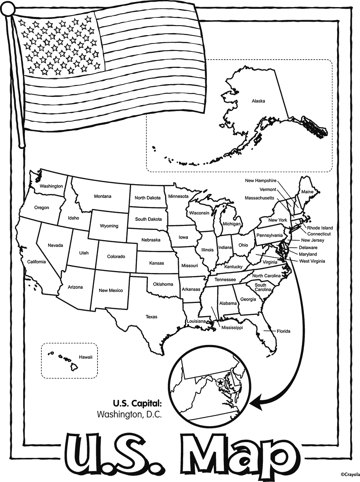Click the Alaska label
258,101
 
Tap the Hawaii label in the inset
85,357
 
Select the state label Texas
151,317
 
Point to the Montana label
103,196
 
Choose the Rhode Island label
320,228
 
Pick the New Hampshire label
261,181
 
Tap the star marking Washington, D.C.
220,382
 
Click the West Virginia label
312,261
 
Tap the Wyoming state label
109,226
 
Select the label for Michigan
231,224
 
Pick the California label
36,262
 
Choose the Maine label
307,192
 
